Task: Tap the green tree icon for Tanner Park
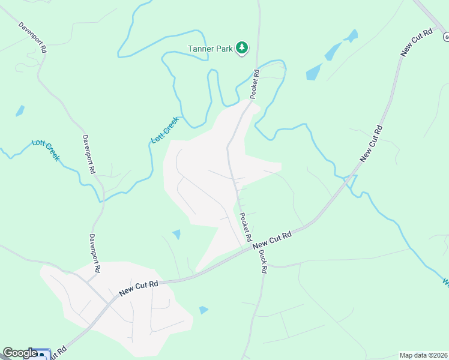click(x=241, y=47)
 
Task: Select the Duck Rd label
click(x=262, y=262)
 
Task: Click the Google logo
click(x=20, y=353)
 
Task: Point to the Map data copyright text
click(x=424, y=355)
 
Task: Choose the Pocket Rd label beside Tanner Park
click(x=255, y=84)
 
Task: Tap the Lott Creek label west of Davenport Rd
click(x=46, y=150)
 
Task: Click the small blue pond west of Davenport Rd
click(x=20, y=111)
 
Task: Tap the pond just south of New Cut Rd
click(x=203, y=310)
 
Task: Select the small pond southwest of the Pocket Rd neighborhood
click(x=176, y=234)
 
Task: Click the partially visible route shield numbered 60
click(x=446, y=37)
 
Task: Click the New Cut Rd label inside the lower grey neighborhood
click(x=138, y=287)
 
